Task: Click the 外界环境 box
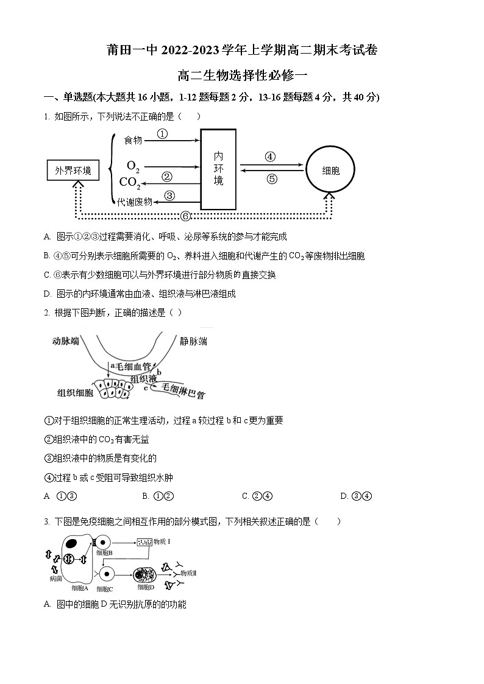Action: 73,171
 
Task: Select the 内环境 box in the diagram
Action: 218,169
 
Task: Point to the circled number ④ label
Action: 270,157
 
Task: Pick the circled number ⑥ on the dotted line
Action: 186,216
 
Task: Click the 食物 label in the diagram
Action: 133,141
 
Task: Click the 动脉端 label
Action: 66,341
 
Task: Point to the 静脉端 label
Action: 194,341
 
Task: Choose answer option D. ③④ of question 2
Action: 356,496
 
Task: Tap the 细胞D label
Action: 146,588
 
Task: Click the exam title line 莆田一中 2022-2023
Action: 242,51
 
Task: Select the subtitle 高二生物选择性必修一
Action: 242,76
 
